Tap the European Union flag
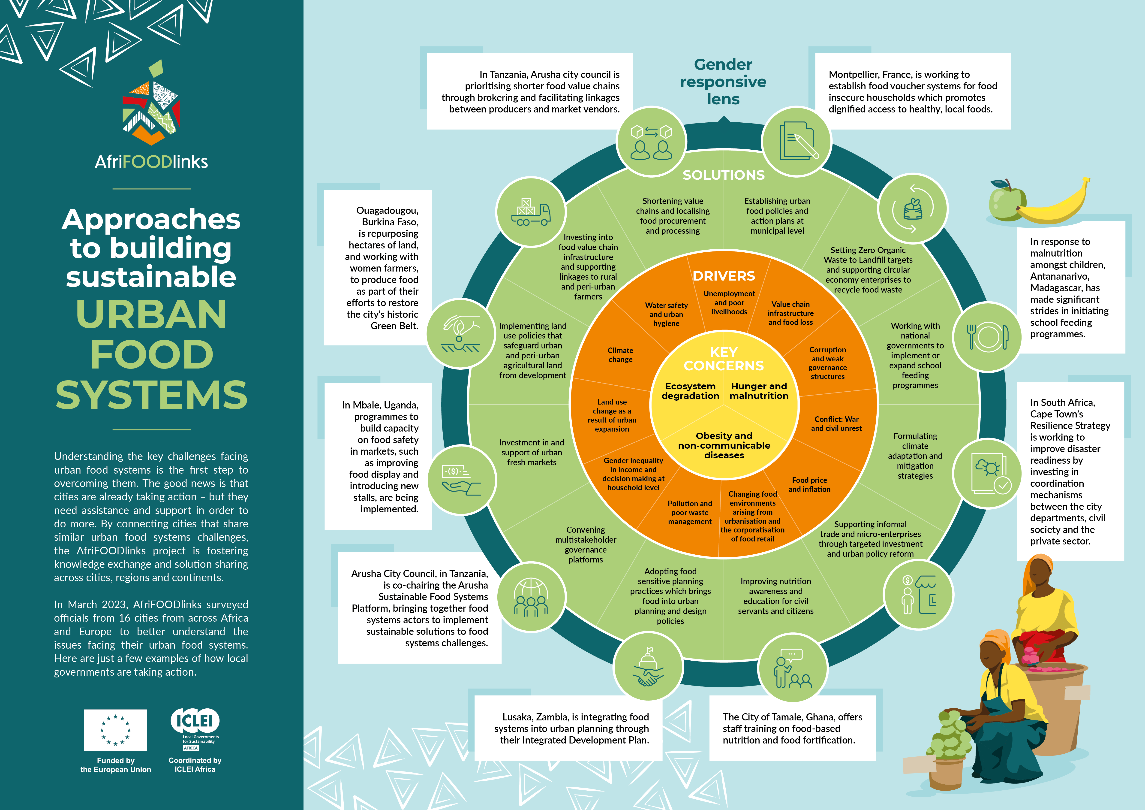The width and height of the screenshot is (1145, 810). point(115,730)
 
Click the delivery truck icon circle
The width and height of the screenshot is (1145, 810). point(531,212)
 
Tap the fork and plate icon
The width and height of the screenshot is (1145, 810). point(987,337)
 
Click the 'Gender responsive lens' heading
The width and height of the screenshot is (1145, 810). point(723,82)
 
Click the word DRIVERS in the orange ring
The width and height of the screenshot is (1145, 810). point(724,276)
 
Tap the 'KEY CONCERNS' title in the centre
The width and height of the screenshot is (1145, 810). point(724,359)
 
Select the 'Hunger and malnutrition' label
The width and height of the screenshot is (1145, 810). point(759,391)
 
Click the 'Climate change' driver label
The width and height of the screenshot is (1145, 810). point(620,355)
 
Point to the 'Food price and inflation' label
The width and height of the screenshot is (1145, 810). point(809,484)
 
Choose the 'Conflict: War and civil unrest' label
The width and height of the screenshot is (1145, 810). point(836,423)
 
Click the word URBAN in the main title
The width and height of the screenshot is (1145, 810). point(152,314)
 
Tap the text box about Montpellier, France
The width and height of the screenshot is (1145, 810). point(913,91)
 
